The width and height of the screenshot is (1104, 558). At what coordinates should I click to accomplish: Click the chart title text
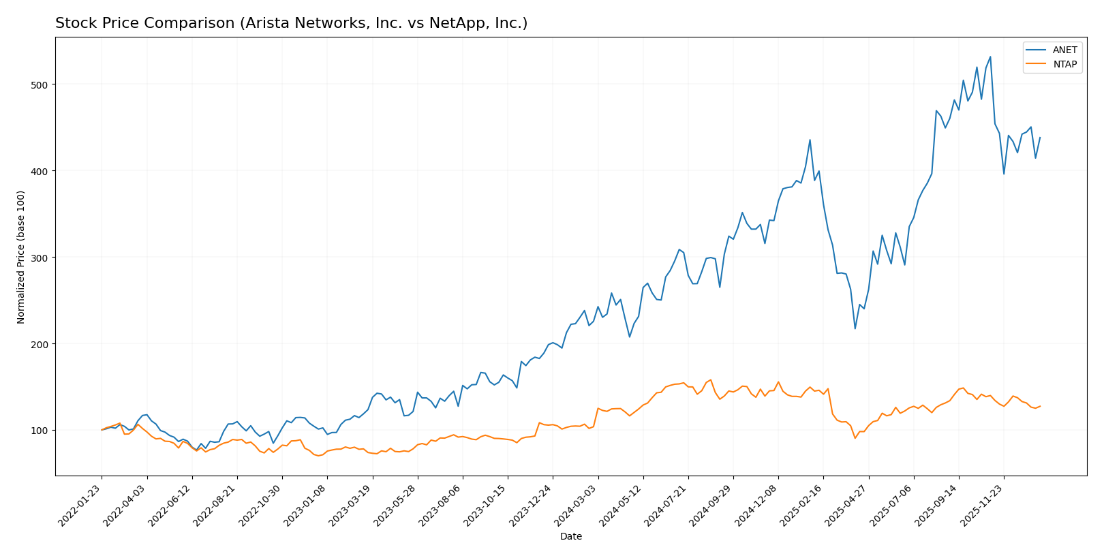point(291,23)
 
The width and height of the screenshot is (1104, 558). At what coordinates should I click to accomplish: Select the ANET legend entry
point(1064,50)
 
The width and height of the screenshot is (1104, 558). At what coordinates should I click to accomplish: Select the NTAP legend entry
point(1064,65)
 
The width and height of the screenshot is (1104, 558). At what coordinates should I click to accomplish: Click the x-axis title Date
point(570,537)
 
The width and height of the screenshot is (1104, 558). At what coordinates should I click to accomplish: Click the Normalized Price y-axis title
point(21,257)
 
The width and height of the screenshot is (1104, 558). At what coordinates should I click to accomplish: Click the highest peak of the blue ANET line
point(990,57)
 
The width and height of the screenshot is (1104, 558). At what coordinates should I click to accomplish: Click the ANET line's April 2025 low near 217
point(855,329)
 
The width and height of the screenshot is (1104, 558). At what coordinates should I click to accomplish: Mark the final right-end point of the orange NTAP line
point(1040,406)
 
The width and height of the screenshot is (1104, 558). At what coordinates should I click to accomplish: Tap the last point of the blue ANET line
point(1040,138)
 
